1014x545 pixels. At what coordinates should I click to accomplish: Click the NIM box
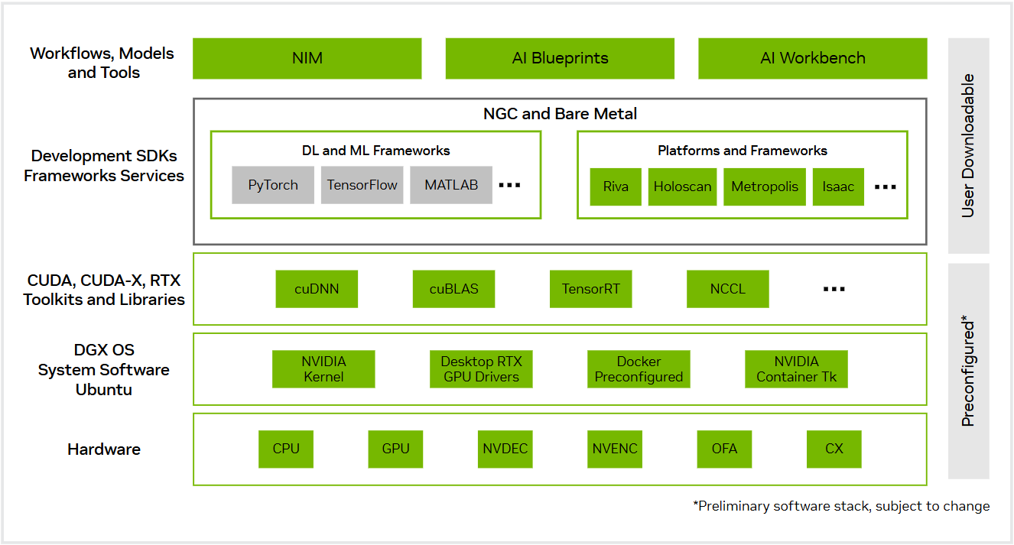[307, 59]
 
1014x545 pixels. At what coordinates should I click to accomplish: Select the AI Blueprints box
[560, 59]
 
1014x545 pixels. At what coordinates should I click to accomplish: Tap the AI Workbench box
[812, 59]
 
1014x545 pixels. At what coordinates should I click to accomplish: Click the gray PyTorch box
[273, 186]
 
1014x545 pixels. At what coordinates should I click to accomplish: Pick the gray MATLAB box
[451, 186]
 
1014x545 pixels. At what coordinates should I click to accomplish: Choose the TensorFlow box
[362, 186]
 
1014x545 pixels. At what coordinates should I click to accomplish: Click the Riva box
[616, 187]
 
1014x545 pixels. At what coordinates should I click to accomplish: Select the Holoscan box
[682, 187]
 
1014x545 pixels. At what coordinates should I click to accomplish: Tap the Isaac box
[838, 187]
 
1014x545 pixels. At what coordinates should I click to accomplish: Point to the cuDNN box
[317, 289]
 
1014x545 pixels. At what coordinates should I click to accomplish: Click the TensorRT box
[591, 289]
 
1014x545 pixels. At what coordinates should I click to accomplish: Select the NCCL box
[727, 289]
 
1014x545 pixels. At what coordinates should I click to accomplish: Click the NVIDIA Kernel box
[323, 369]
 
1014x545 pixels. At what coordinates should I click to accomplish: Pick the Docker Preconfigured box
[639, 369]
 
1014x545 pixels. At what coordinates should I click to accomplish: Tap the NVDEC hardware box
[505, 449]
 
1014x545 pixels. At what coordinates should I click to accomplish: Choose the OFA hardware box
[724, 449]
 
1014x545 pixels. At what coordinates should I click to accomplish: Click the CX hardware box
[834, 449]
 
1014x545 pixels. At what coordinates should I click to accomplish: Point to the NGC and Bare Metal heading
[560, 114]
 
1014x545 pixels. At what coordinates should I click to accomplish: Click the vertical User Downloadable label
[968, 145]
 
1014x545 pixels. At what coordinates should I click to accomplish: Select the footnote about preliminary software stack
[841, 506]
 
